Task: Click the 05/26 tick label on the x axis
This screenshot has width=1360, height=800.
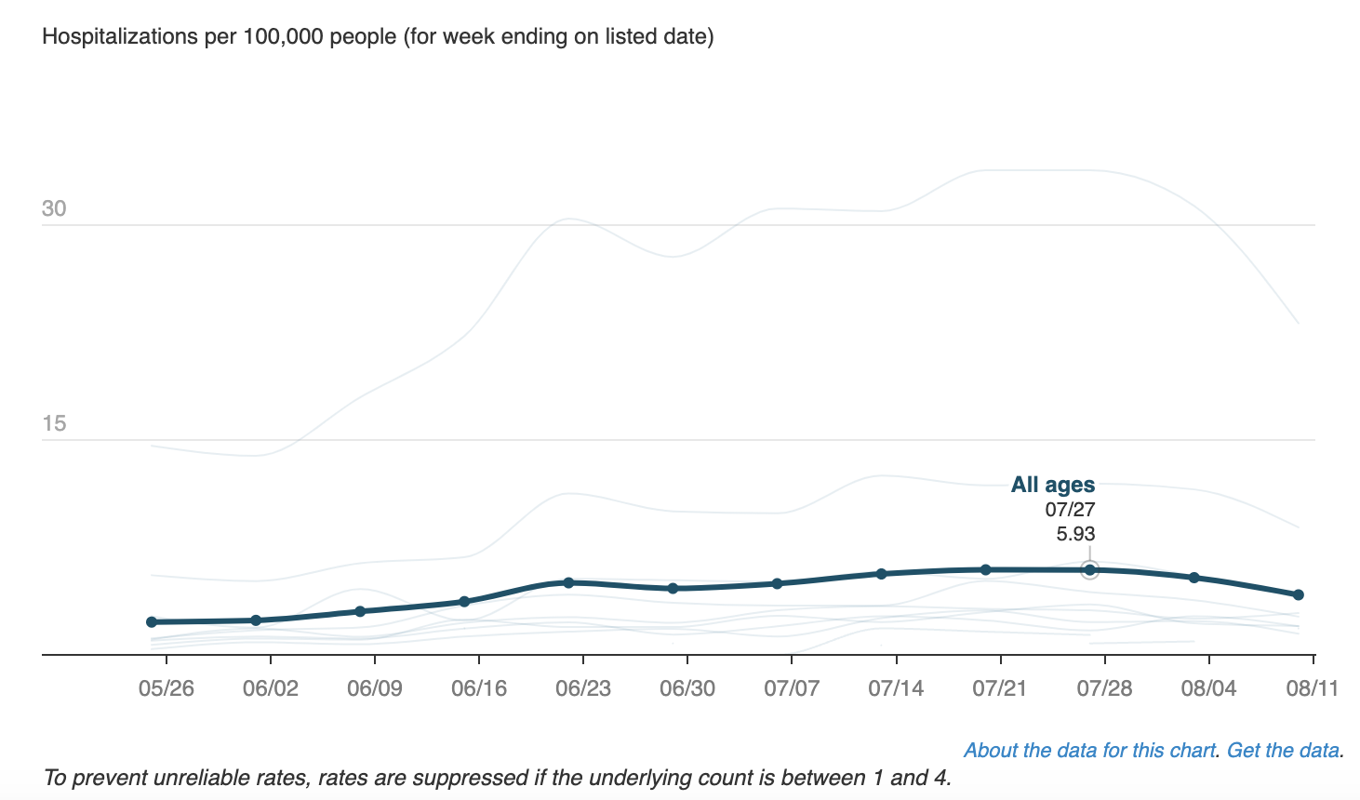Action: (x=167, y=689)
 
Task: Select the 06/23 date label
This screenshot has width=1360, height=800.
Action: (x=583, y=689)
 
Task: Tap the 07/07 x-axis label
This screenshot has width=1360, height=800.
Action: (x=792, y=689)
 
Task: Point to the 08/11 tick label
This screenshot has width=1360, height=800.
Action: (x=1312, y=689)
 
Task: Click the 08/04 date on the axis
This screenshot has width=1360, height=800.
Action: (x=1208, y=689)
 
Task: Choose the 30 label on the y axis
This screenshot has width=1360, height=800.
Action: (x=54, y=208)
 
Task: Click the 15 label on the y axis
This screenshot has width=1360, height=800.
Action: (x=54, y=424)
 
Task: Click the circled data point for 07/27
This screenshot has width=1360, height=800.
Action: (x=1090, y=569)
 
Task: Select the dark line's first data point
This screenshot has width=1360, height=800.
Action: (x=152, y=621)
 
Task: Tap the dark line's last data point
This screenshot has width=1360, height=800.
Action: (x=1299, y=594)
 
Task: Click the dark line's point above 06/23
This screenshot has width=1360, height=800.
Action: (x=569, y=582)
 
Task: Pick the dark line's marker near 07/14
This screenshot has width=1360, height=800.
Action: (x=882, y=573)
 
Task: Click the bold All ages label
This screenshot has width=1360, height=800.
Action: (x=1053, y=485)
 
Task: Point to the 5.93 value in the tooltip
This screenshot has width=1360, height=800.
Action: (x=1075, y=534)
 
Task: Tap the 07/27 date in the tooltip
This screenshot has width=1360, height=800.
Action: (x=1070, y=510)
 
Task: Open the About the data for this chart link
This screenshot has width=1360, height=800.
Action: (x=1089, y=751)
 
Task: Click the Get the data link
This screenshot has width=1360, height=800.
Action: (x=1283, y=751)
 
